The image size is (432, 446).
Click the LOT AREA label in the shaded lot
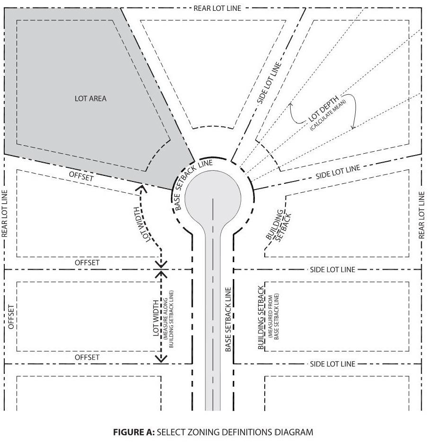pos(90,99)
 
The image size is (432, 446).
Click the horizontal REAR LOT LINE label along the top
pos(217,8)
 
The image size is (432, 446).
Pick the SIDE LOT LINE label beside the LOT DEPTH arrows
pos(338,171)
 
